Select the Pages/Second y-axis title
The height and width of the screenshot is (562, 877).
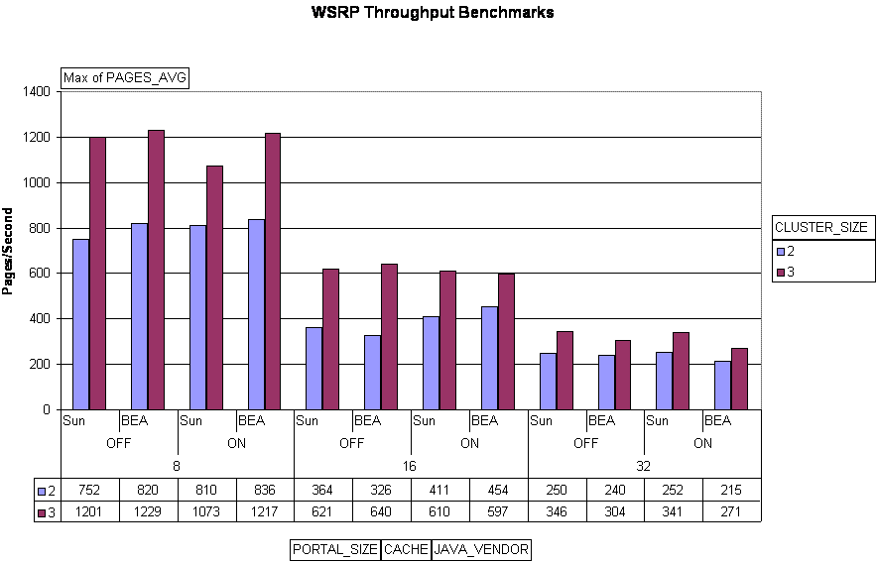(x=8, y=251)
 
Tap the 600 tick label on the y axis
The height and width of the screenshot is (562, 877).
(x=41, y=273)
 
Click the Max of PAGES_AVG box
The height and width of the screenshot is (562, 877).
(x=125, y=77)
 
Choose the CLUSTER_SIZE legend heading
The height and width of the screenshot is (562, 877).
(x=821, y=227)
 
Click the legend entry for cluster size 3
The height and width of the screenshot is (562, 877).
(x=792, y=272)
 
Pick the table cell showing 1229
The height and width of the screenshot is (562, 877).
(x=149, y=511)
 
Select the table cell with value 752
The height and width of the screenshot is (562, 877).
(x=90, y=491)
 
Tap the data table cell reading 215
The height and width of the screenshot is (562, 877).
(x=731, y=491)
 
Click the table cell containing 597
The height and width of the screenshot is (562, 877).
(x=498, y=511)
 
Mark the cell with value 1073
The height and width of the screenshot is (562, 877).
(x=206, y=511)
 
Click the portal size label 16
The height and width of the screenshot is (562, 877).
(x=411, y=466)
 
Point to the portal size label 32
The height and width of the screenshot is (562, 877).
(x=644, y=466)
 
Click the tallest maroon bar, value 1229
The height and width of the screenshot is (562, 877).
(x=157, y=270)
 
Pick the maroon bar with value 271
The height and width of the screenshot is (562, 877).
(x=739, y=379)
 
